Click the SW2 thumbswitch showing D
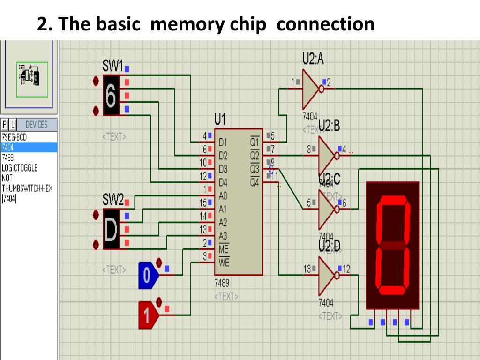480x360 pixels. (111, 229)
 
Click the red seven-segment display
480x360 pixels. (392, 245)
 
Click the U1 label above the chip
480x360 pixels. (220, 118)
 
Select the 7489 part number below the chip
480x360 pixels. (222, 284)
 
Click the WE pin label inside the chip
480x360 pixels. (224, 263)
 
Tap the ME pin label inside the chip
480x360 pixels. (224, 249)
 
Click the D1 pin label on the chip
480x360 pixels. (223, 142)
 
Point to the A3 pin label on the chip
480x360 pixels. (223, 236)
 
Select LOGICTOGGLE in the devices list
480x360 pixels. (19, 167)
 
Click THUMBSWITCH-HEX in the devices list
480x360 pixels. (27, 188)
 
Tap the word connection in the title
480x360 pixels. (325, 24)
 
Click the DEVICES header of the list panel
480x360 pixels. (37, 125)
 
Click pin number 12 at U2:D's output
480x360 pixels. (346, 269)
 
